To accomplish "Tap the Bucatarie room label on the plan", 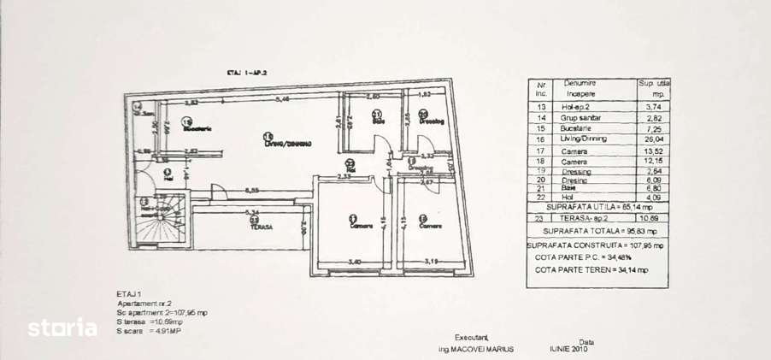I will (x=197, y=128).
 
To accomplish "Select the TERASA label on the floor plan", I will (x=262, y=227).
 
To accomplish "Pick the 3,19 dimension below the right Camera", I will (x=433, y=261).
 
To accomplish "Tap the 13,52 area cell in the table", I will (x=653, y=150).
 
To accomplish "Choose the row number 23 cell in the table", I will (x=539, y=218).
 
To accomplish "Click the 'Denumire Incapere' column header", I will (x=581, y=87).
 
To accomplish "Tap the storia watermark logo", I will (x=62, y=327).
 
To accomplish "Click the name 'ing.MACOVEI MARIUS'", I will (x=471, y=350).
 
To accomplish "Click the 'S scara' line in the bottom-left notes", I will (x=150, y=330).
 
